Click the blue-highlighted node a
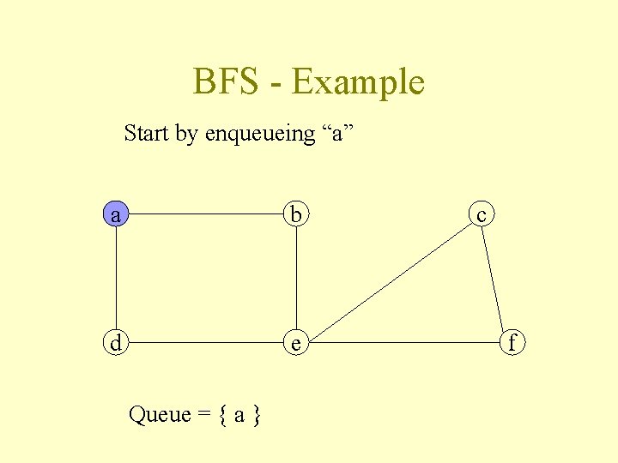click(x=116, y=213)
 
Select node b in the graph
click(x=296, y=213)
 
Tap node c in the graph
click(x=482, y=214)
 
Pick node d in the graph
click(x=116, y=342)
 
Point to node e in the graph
click(x=296, y=343)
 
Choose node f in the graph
click(x=512, y=343)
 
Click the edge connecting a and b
click(x=206, y=213)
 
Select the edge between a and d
click(x=116, y=279)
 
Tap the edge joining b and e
click(x=296, y=279)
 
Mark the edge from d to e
click(x=206, y=342)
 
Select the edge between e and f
click(x=403, y=342)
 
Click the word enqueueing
click(x=260, y=135)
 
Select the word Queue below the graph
click(x=159, y=415)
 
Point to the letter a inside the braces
click(x=239, y=416)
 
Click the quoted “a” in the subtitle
click(x=337, y=133)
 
